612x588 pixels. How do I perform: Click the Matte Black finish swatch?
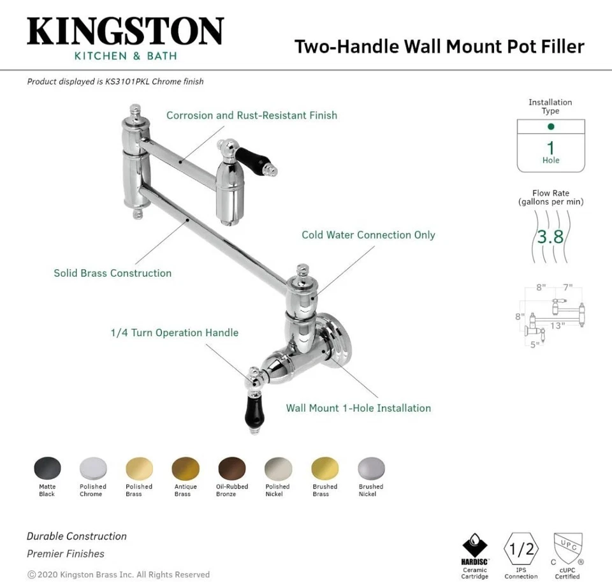click(47, 469)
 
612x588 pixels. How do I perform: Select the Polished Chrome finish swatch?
click(93, 469)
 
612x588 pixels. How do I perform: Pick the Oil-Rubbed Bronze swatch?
click(231, 469)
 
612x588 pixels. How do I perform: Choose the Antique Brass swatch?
click(185, 469)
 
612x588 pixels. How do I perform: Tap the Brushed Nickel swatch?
click(371, 469)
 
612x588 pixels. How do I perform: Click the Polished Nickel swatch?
click(278, 469)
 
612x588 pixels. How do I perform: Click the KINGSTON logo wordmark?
click(125, 32)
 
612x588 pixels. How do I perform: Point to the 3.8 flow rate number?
click(550, 237)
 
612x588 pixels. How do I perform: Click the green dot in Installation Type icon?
click(551, 127)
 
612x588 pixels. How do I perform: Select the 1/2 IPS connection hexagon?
click(521, 548)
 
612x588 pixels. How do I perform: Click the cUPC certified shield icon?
click(567, 548)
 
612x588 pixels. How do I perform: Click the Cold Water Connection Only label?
click(368, 235)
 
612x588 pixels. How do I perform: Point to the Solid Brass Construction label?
click(112, 273)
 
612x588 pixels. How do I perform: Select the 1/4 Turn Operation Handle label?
click(174, 333)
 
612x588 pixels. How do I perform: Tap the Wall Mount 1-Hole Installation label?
click(358, 408)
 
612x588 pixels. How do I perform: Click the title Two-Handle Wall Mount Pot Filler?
click(439, 47)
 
